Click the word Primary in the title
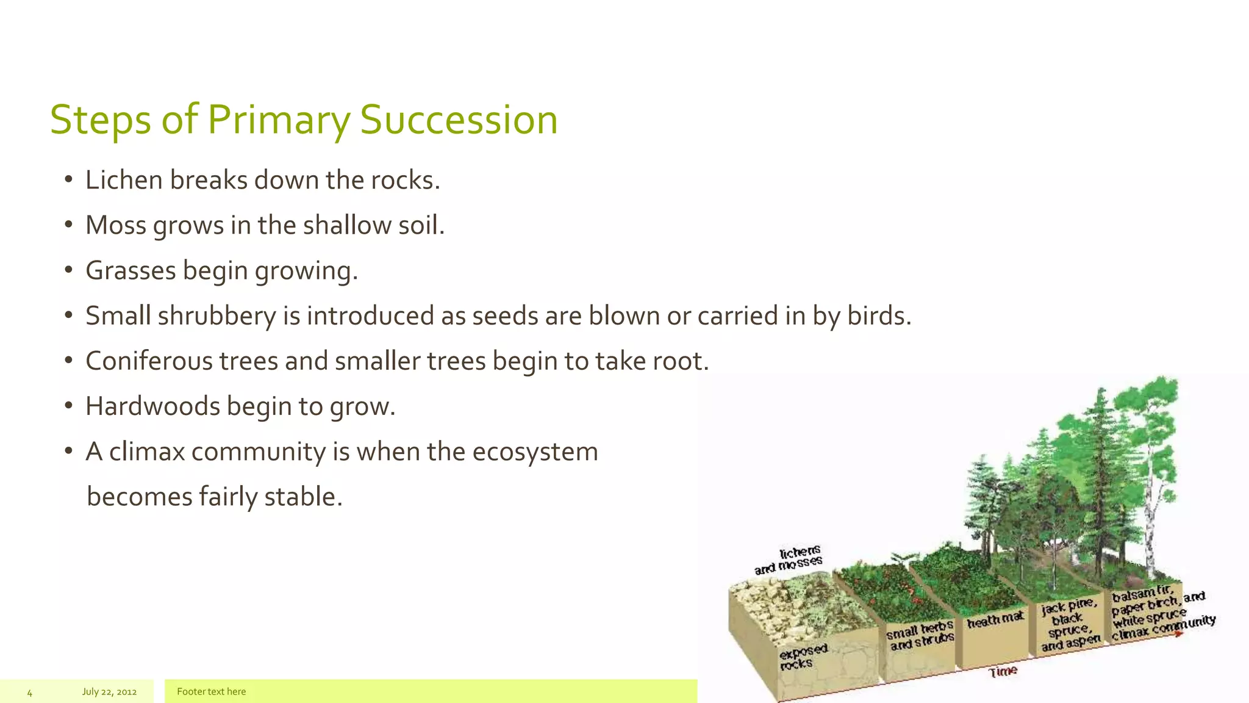coord(279,120)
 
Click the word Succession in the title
coord(459,120)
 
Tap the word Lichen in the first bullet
coord(124,180)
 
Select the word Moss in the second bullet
coord(116,225)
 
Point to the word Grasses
coord(131,270)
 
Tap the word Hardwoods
coord(152,406)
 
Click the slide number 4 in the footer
coord(29,693)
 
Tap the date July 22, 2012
coord(109,691)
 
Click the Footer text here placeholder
coord(211,691)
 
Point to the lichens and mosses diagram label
coord(789,560)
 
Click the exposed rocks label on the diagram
coord(802,656)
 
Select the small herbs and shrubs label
coord(920,636)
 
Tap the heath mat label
coord(995,620)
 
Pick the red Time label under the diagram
coord(1003,671)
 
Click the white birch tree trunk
coord(1153,519)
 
